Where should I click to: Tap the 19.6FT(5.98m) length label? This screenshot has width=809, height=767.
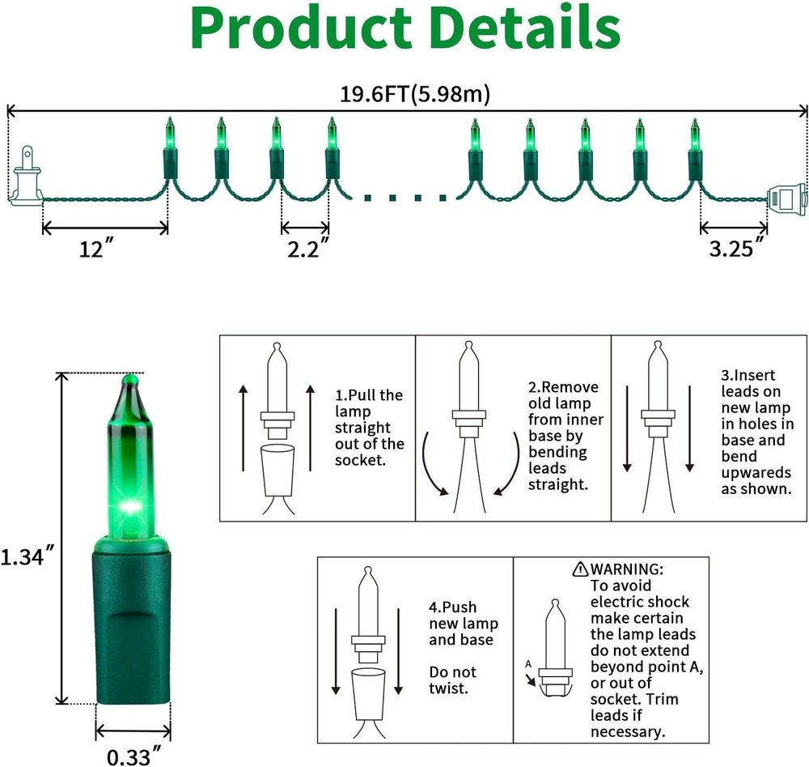(415, 95)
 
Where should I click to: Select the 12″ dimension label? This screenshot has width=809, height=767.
(96, 249)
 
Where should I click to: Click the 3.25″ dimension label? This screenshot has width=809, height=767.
(737, 248)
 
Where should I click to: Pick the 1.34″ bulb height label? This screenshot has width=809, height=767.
(27, 556)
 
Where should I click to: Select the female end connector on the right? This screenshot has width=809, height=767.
(787, 199)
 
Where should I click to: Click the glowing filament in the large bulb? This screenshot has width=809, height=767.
(129, 506)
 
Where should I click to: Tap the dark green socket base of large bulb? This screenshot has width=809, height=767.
(133, 620)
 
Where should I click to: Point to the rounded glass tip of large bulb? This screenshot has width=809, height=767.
(130, 381)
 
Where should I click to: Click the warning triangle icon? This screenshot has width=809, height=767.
(580, 569)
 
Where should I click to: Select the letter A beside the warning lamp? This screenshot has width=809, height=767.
(527, 663)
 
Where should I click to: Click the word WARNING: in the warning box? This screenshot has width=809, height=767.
(627, 569)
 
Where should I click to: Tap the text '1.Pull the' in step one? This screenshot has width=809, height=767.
(369, 395)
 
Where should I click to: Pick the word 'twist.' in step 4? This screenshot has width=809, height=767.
(448, 688)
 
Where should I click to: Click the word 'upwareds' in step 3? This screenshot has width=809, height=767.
(756, 473)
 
